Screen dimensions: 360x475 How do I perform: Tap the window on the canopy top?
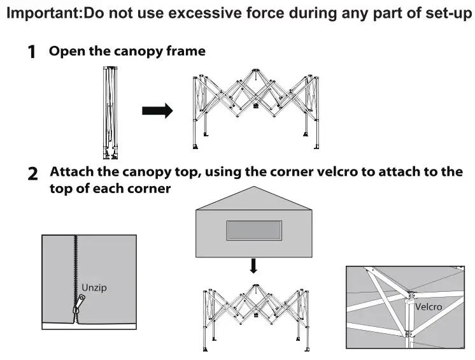click(x=253, y=231)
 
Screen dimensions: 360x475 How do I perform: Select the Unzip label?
click(x=94, y=287)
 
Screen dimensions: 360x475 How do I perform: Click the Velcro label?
click(x=428, y=306)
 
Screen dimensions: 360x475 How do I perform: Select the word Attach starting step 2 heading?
click(x=73, y=172)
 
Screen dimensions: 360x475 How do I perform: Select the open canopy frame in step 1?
click(x=255, y=108)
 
